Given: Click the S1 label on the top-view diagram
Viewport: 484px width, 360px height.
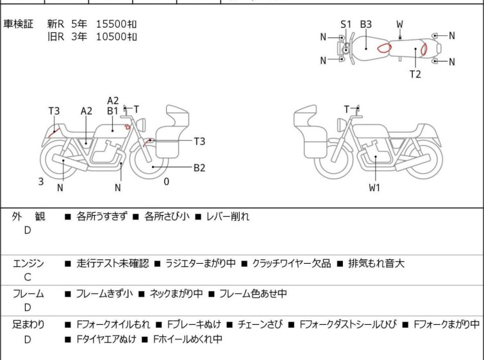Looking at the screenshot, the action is coord(346,24).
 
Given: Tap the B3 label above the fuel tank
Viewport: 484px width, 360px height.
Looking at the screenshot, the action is coord(366,24).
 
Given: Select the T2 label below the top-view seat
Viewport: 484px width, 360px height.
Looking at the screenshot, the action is coord(415,74).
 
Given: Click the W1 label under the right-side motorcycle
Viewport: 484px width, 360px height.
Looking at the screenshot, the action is coord(374,187).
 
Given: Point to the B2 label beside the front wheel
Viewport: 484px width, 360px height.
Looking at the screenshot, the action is coord(199,167).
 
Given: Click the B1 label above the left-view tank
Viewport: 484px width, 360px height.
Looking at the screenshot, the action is coord(113,111).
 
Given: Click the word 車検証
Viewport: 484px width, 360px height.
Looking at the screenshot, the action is coord(18,24).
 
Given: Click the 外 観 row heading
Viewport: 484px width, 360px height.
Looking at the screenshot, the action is coord(28,216).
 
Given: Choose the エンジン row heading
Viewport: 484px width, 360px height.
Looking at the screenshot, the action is coord(28,263).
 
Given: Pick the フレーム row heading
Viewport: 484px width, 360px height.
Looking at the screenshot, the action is coord(28,293).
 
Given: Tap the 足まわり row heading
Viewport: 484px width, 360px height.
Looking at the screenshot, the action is coord(28,325).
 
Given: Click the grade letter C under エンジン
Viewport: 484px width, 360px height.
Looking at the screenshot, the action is coord(28,277).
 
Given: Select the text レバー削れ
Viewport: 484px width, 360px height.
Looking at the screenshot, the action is coord(228,216).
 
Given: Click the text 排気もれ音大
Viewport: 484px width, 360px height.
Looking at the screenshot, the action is coord(376,263).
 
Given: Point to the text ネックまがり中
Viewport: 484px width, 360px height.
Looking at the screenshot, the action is coord(176,293).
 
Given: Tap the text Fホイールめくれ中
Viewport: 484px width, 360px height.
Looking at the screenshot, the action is coord(188,339).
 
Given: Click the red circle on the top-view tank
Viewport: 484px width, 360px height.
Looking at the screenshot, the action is coord(384,48).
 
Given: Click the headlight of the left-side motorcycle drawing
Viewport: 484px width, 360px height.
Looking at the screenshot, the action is coord(141,124).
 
